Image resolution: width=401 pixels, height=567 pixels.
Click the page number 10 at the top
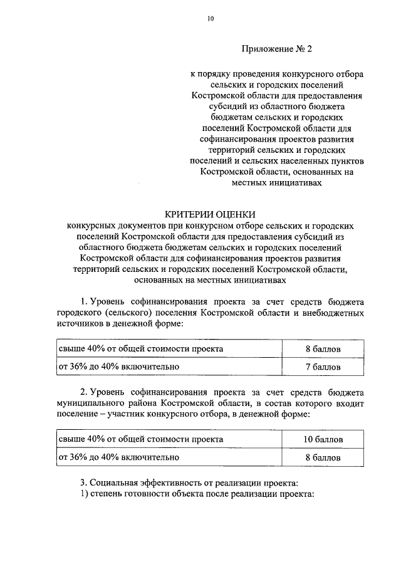[211, 19]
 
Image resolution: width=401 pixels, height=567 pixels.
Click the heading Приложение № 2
[276, 48]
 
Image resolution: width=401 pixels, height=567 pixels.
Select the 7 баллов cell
[323, 366]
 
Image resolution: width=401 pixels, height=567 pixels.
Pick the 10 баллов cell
[323, 440]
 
